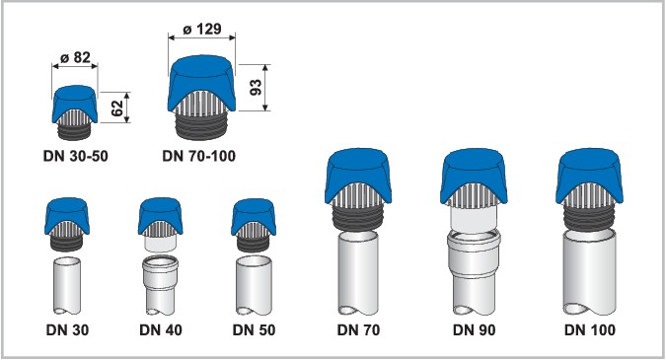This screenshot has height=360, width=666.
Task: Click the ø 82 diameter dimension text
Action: point(75,57)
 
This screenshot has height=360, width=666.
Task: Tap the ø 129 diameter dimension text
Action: point(202,29)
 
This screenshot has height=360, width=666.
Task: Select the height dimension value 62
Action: point(116,108)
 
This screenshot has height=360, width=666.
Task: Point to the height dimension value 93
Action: point(256,88)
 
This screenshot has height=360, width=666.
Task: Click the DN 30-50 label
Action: point(76,156)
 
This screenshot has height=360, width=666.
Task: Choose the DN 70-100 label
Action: point(198,156)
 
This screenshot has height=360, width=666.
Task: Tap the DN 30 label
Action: point(67,329)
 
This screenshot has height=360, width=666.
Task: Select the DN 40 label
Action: point(161,329)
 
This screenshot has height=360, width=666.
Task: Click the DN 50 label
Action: point(254,329)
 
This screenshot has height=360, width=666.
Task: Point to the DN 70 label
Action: point(358,329)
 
